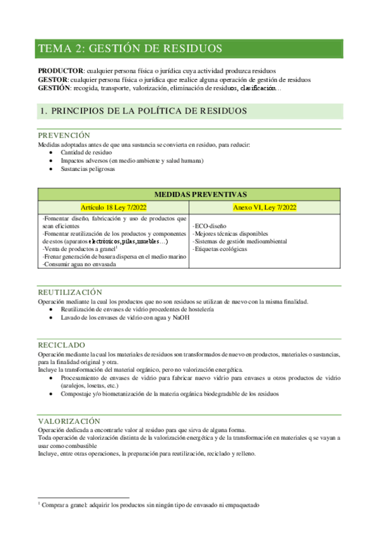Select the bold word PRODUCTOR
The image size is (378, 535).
click(61, 71)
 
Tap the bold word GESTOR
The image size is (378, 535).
click(54, 79)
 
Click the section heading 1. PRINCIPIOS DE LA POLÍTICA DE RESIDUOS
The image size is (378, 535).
click(134, 111)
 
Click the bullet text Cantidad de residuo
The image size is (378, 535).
click(86, 153)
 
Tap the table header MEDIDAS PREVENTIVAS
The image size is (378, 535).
click(189, 194)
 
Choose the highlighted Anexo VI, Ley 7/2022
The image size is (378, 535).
click(265, 207)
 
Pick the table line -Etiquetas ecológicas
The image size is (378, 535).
click(221, 249)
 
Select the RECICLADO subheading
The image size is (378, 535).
click(62, 346)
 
